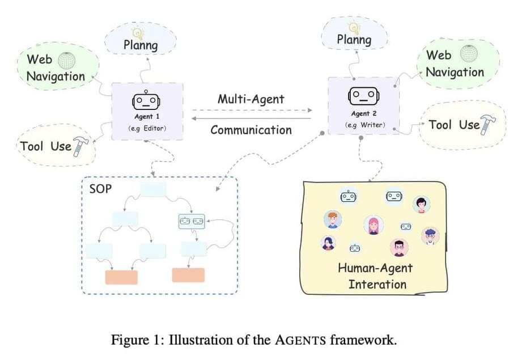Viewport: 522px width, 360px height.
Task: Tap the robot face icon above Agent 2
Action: click(x=362, y=96)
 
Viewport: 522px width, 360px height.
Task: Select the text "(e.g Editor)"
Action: click(x=146, y=129)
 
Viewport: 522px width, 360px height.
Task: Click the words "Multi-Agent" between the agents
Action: click(x=251, y=99)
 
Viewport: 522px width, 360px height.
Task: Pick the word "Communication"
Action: click(x=251, y=130)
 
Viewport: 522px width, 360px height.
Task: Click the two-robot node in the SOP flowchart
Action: click(x=192, y=221)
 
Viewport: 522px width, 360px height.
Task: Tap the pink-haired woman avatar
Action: click(x=372, y=225)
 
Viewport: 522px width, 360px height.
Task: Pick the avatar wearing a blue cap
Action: click(x=431, y=235)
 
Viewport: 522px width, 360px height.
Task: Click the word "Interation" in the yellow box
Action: click(x=377, y=284)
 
